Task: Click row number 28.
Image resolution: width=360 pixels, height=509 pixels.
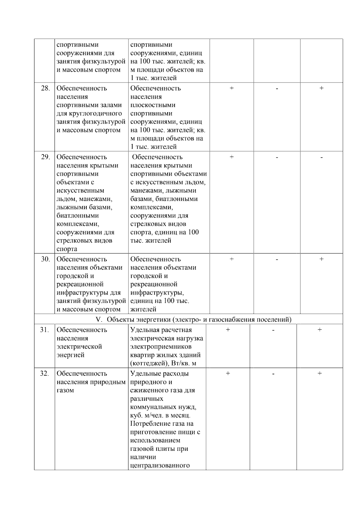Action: click(x=45, y=88)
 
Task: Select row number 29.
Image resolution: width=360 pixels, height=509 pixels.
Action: click(x=45, y=157)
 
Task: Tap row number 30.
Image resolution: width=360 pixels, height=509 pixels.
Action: click(x=45, y=259)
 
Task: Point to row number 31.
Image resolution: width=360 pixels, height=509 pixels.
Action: click(x=44, y=330)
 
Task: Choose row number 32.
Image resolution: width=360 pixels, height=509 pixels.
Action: click(x=44, y=374)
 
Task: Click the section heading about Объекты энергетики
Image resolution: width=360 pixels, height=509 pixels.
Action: click(x=199, y=319)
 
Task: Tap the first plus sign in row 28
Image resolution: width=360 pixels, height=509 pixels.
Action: click(x=232, y=88)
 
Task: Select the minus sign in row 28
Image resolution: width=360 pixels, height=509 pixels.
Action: click(x=277, y=88)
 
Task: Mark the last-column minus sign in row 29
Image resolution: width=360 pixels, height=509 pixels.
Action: click(x=321, y=157)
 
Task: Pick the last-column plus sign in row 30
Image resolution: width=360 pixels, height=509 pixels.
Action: click(x=321, y=259)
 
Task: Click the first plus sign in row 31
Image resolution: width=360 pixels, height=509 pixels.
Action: click(x=228, y=330)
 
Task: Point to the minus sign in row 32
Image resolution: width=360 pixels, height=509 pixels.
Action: click(x=273, y=374)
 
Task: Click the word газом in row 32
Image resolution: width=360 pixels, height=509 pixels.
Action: click(x=65, y=391)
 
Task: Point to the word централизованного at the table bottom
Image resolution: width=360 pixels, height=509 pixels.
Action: click(x=160, y=466)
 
